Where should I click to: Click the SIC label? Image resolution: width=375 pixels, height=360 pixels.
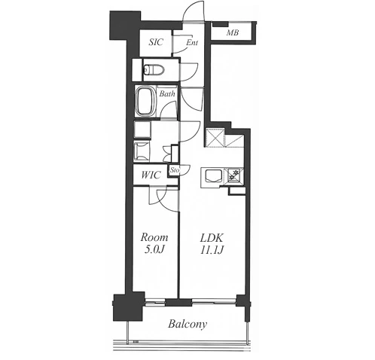pos(156,42)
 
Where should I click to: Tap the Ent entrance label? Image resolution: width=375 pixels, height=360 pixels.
pos(192,43)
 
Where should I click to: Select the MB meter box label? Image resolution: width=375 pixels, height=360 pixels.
pos(233,32)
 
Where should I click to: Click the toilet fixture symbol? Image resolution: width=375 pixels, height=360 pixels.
pos(154,69)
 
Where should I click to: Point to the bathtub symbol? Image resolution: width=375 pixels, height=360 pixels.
pos(145,102)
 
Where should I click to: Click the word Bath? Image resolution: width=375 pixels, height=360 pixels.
pos(167,93)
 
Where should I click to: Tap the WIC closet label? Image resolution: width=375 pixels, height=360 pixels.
pos(151,175)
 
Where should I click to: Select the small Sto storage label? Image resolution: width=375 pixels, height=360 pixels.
pos(175,170)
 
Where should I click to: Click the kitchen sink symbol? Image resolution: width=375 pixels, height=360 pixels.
pos(214,175)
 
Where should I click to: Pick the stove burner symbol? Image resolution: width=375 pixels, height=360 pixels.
pos(235,175)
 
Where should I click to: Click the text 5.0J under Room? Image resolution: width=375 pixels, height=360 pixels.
pos(154,249)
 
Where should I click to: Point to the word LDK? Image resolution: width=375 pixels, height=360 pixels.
pos(212,237)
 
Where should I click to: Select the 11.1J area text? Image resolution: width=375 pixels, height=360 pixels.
pos(212,250)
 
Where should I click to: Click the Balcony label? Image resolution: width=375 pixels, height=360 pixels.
pos(187,324)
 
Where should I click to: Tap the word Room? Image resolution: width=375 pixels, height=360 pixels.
pos(154,237)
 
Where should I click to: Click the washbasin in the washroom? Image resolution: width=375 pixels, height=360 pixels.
pos(142,151)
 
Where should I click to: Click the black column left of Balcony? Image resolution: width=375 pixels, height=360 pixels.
pos(129,307)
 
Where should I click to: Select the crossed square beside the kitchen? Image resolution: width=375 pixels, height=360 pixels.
pos(215,137)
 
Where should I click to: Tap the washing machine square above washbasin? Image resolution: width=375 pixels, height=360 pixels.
pos(142,130)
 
